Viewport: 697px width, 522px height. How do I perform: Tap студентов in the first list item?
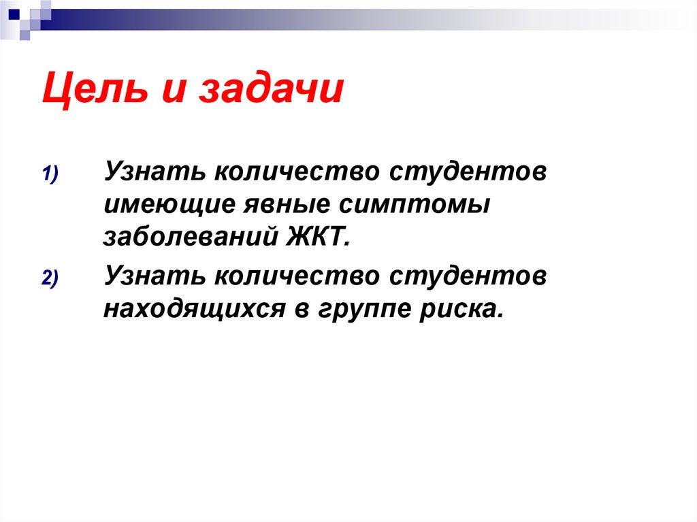(x=468, y=172)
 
